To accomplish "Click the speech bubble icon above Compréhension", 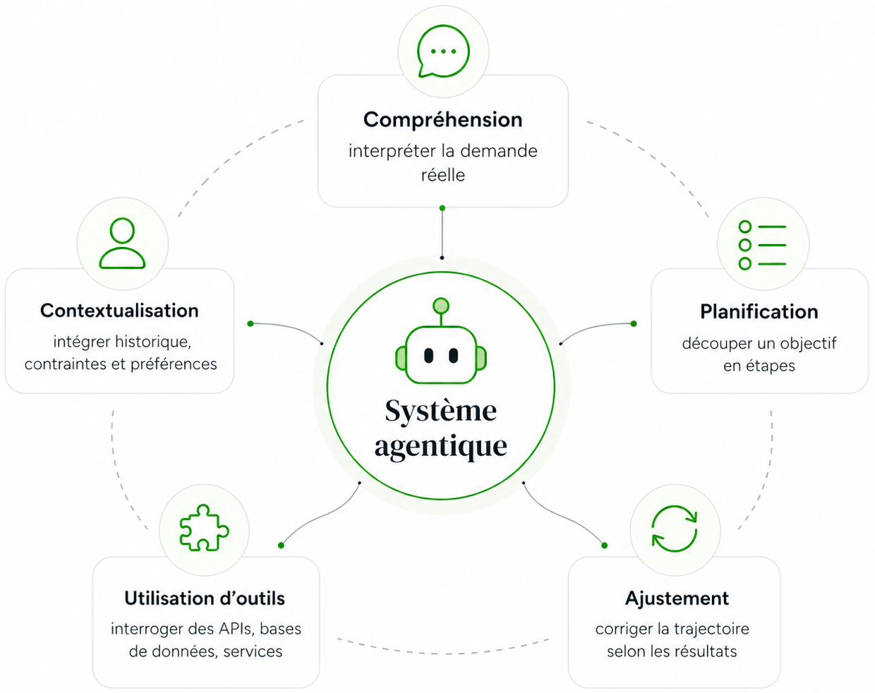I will pos(442,52).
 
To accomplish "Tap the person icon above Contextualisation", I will pos(122,243).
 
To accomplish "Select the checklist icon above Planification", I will pos(762,245).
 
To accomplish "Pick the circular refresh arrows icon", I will pos(674,529).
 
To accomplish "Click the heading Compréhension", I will pos(442,119).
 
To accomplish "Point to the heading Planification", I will pos(759,311).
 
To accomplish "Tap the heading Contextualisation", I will pos(119,311).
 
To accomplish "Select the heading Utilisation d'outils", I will pos(205,598).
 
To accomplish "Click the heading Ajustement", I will pos(676,598).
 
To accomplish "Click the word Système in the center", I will pos(440,411).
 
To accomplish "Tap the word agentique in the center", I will pos(440,446).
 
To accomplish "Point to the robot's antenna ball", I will pos(441,306).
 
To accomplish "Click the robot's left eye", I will pos(428,356).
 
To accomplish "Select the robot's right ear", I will pos(481,358).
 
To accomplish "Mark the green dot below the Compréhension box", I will pos(442,208).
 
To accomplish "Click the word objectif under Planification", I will pos(808,344).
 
